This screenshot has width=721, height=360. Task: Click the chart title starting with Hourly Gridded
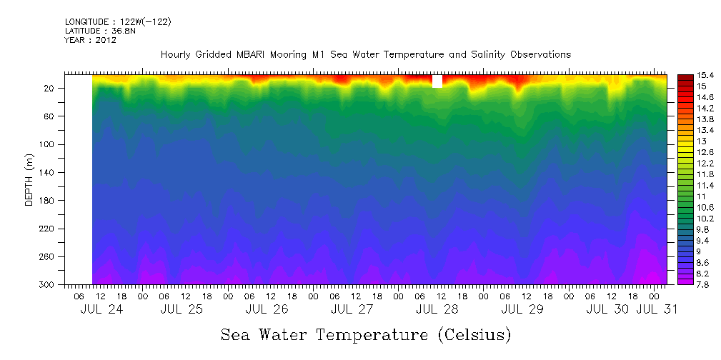point(366,54)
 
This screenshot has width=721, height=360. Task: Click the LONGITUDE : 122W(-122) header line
point(118,22)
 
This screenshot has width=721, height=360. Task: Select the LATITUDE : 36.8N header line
point(100,31)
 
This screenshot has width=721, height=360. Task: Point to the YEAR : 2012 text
point(90,41)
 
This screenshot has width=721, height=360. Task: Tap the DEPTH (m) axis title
point(29,181)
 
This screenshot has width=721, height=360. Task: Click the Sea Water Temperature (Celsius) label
point(366,334)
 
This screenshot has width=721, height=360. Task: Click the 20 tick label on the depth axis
point(49,88)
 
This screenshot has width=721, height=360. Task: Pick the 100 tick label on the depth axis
point(47,144)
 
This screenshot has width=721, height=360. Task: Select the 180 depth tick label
point(47,201)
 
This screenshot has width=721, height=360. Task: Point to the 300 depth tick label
point(47,284)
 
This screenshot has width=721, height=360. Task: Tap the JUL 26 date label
point(267,309)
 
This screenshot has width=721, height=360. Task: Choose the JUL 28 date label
point(437,309)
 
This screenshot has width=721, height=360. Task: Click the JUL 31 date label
point(657,309)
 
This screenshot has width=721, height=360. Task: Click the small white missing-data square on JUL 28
point(437,81)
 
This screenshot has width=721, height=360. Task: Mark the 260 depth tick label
point(47,256)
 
